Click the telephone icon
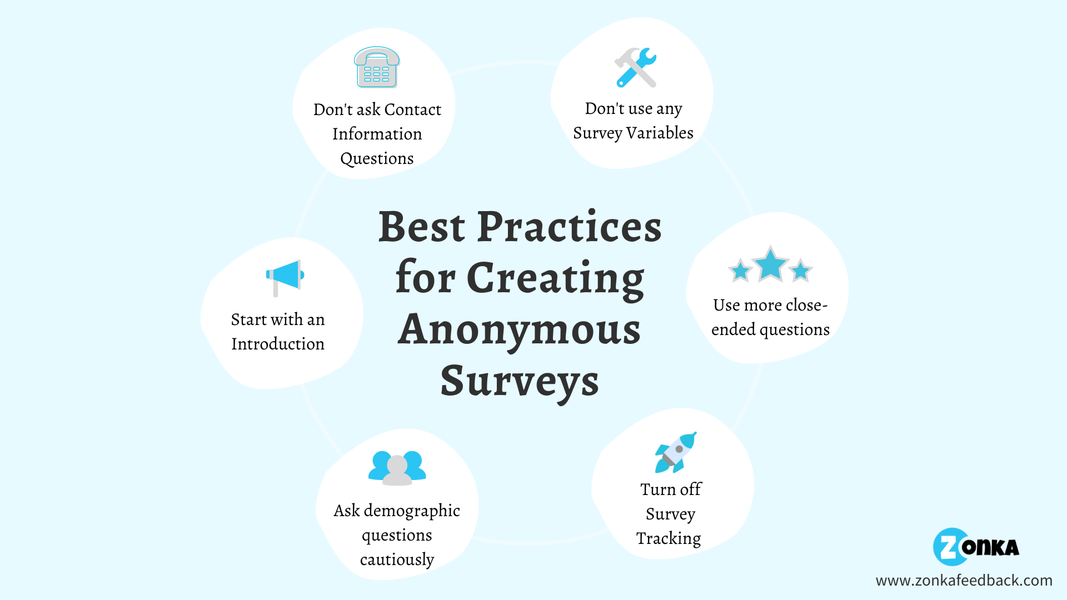coord(377,67)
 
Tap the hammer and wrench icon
coord(635,67)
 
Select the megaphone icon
coord(285,276)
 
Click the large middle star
coord(770,264)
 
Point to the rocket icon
coord(676,452)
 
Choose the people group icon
coord(397,468)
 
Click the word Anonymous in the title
coord(519,329)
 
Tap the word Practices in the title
coord(569,227)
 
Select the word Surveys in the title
coord(519,381)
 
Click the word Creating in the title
coord(555,278)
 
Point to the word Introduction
coord(278,344)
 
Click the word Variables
coord(660,133)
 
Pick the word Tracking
coord(669,538)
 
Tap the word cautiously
coord(397,559)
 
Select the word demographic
coord(412,511)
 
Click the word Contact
coord(412,109)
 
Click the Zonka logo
coord(976,547)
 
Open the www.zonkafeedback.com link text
coord(964,581)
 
